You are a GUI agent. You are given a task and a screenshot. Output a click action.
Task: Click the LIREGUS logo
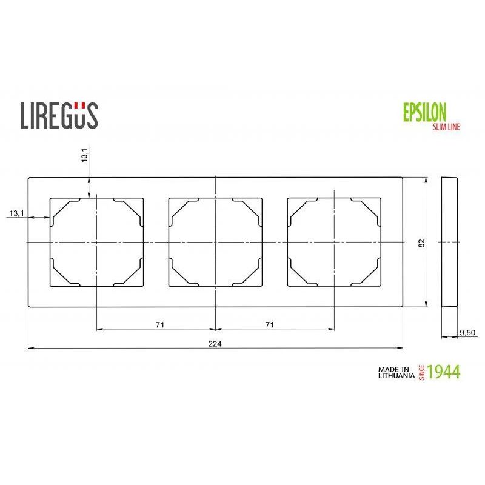59,115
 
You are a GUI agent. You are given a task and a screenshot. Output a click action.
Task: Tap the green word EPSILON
424,112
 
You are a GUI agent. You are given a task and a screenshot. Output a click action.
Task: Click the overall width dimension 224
215,344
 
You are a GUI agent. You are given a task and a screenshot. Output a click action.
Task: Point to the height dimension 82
421,242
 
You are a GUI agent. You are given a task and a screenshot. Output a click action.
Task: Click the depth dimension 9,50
467,332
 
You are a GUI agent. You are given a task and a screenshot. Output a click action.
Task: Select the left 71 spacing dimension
159,325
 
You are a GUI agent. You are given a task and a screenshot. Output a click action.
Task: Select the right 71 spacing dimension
270,325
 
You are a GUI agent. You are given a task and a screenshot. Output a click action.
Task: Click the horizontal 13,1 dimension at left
16,213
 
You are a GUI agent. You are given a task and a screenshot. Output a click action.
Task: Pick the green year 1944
443,372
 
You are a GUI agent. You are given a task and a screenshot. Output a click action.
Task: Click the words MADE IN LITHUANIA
395,372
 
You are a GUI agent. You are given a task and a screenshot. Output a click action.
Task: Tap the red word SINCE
422,372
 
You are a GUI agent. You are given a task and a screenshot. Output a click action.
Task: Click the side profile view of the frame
449,242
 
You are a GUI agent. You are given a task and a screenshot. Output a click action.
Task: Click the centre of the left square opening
96,242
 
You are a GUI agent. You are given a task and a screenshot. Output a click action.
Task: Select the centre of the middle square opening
215,242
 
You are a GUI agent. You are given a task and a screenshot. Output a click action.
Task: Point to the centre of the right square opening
334,242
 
